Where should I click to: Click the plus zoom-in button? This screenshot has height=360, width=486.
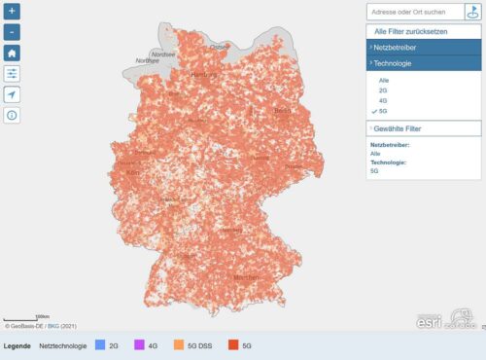click(13, 12)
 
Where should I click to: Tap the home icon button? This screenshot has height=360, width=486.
click(13, 53)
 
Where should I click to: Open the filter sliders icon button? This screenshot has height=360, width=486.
click(13, 73)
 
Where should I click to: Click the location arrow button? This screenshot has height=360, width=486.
click(13, 94)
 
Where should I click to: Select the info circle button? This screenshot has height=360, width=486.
click(13, 115)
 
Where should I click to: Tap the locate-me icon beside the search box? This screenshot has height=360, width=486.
click(472, 12)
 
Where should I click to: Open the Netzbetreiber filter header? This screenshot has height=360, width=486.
click(424, 46)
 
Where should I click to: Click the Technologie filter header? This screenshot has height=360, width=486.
click(424, 62)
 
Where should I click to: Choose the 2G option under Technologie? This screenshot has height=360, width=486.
click(382, 89)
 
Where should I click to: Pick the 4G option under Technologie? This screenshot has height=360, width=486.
click(382, 99)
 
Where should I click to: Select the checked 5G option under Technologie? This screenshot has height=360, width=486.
click(382, 110)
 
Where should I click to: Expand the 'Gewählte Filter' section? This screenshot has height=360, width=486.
click(424, 128)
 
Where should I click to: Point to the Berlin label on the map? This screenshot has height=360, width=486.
click(283, 111)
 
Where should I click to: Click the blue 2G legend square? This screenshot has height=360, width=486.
click(100, 344)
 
